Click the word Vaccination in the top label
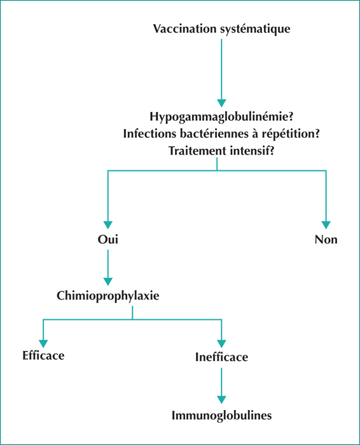(185, 29)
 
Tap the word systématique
(255, 29)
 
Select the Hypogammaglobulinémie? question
(221, 117)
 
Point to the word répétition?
(291, 134)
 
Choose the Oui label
(108, 239)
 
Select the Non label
(326, 240)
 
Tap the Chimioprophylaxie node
(108, 296)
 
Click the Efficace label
(43, 355)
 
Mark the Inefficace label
(221, 357)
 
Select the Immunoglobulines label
(221, 416)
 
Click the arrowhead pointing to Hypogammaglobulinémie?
(221, 103)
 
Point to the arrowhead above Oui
(108, 225)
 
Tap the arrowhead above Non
(326, 225)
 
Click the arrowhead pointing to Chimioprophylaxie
(108, 282)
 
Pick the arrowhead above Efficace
(43, 344)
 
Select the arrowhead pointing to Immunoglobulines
(221, 400)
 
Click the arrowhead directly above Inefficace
(221, 344)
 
